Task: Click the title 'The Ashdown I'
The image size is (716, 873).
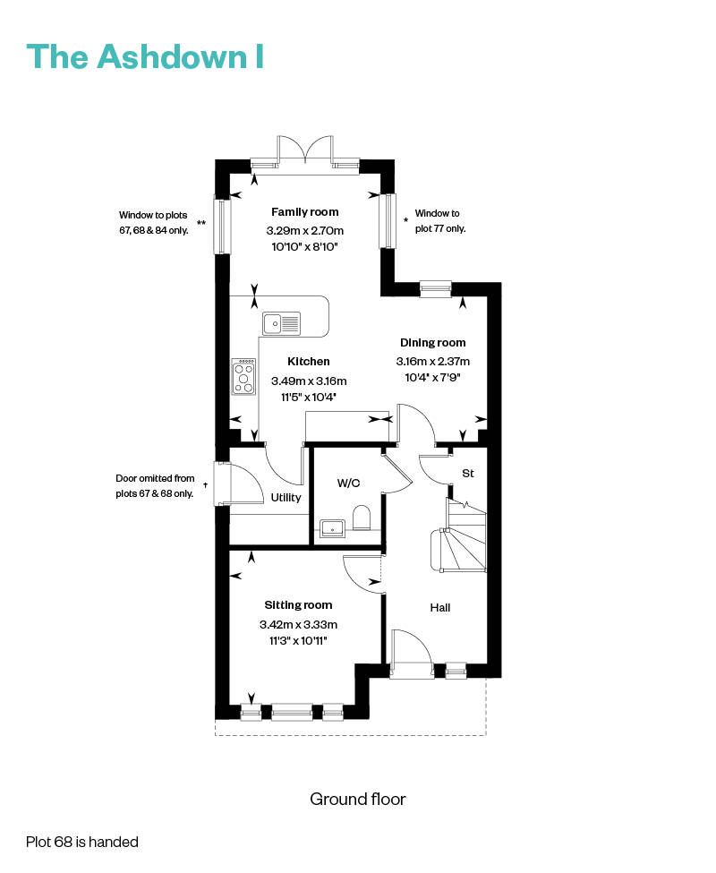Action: pyautogui.click(x=145, y=56)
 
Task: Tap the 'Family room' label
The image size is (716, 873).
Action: pyautogui.click(x=305, y=211)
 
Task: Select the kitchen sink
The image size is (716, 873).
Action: pyautogui.click(x=282, y=323)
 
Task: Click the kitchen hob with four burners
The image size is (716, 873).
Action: pyautogui.click(x=243, y=376)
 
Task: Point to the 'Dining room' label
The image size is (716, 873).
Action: pyautogui.click(x=433, y=342)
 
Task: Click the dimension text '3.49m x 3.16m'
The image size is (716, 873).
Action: pyautogui.click(x=309, y=381)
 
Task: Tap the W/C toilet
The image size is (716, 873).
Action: pyautogui.click(x=362, y=518)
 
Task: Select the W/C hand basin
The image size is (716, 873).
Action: pyautogui.click(x=333, y=527)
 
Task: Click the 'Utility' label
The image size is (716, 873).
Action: pyautogui.click(x=286, y=497)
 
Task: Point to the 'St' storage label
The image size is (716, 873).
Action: pyautogui.click(x=468, y=474)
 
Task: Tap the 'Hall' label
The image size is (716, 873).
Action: pyautogui.click(x=440, y=607)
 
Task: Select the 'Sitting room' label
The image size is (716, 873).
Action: pyautogui.click(x=298, y=605)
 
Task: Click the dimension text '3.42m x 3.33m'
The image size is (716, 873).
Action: pyautogui.click(x=298, y=625)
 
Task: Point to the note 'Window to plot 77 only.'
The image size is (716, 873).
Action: pyautogui.click(x=440, y=220)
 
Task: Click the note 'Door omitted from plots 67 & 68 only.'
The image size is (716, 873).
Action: pyautogui.click(x=155, y=485)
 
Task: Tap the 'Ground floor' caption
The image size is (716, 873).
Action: pyautogui.click(x=358, y=800)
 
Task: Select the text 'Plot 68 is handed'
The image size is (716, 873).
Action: pyautogui.click(x=82, y=842)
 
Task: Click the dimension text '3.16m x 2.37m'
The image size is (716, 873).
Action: pyautogui.click(x=433, y=362)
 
